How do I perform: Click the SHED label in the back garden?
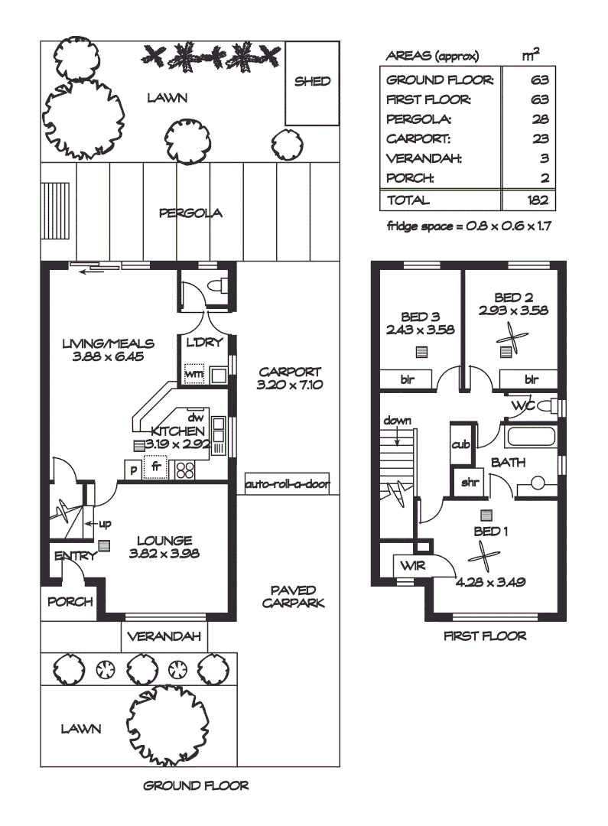coord(313,81)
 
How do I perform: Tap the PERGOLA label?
coord(190,213)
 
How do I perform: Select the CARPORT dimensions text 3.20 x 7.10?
coord(290,385)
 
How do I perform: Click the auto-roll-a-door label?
coord(288,483)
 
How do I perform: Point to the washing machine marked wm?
coord(194,374)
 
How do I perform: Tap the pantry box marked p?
coord(133,470)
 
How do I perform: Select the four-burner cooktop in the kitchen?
coord(184,470)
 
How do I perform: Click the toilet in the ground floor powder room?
coord(218,285)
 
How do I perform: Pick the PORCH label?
coord(70,602)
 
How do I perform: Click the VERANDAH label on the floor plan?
coord(164,636)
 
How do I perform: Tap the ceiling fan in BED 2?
coord(511,337)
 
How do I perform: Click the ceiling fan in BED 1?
coord(483,556)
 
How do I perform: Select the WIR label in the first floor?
coord(412,566)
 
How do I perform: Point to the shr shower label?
coord(470,482)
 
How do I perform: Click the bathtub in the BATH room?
coord(530,437)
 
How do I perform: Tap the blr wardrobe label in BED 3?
coord(408,379)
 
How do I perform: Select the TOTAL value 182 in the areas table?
coord(538,200)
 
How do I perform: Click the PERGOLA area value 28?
coord(541,119)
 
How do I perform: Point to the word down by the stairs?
coord(397,421)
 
